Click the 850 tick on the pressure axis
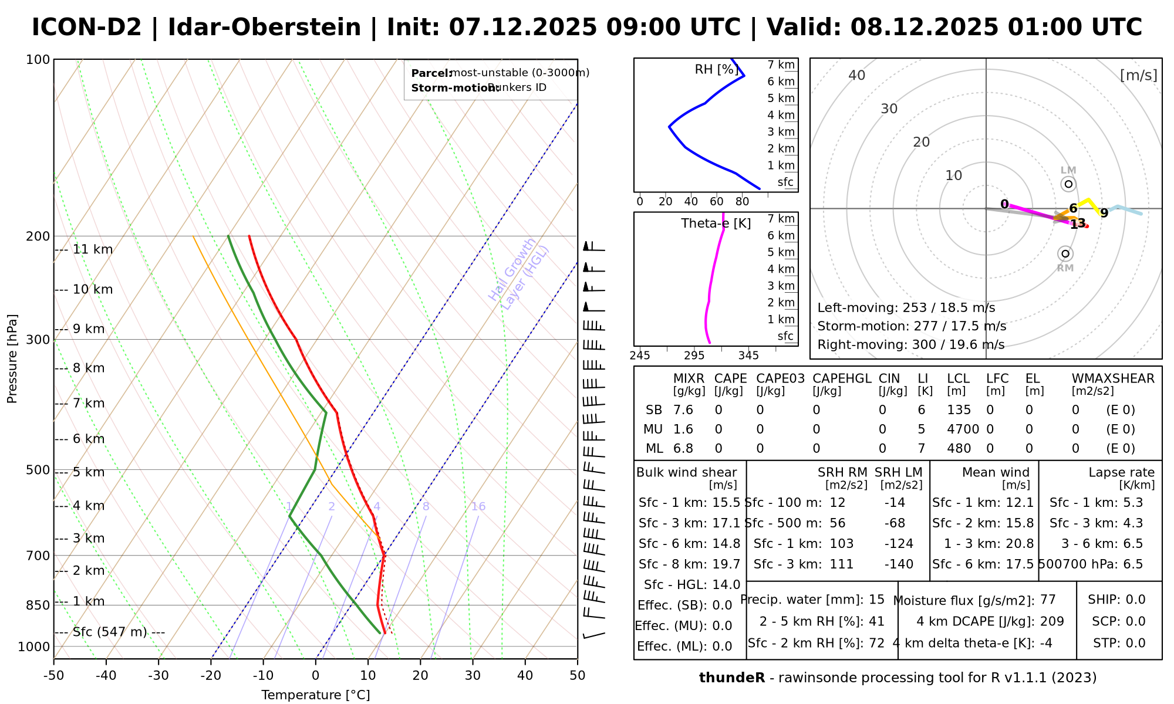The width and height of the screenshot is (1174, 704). [38, 605]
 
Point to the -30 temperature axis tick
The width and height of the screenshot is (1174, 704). [158, 675]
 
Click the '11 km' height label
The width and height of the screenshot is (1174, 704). [92, 249]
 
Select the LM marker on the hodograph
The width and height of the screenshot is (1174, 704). [1068, 184]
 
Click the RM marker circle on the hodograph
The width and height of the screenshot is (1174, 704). [1065, 253]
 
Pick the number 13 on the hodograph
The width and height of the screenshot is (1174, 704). [1078, 224]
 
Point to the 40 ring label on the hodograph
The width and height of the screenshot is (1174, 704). [857, 75]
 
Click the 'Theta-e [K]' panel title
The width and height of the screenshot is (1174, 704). [716, 224]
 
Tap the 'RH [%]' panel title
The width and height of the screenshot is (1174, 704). [716, 69]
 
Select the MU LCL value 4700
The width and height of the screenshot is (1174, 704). [963, 429]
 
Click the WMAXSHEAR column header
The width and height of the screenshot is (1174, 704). [1113, 378]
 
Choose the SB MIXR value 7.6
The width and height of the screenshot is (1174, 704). [683, 410]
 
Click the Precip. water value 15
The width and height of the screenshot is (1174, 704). [876, 600]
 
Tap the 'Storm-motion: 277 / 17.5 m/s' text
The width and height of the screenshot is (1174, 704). [912, 326]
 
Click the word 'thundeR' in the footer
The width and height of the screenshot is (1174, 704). [731, 678]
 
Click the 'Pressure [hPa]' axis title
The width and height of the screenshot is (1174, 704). [12, 358]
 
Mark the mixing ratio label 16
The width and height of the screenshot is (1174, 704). [478, 506]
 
